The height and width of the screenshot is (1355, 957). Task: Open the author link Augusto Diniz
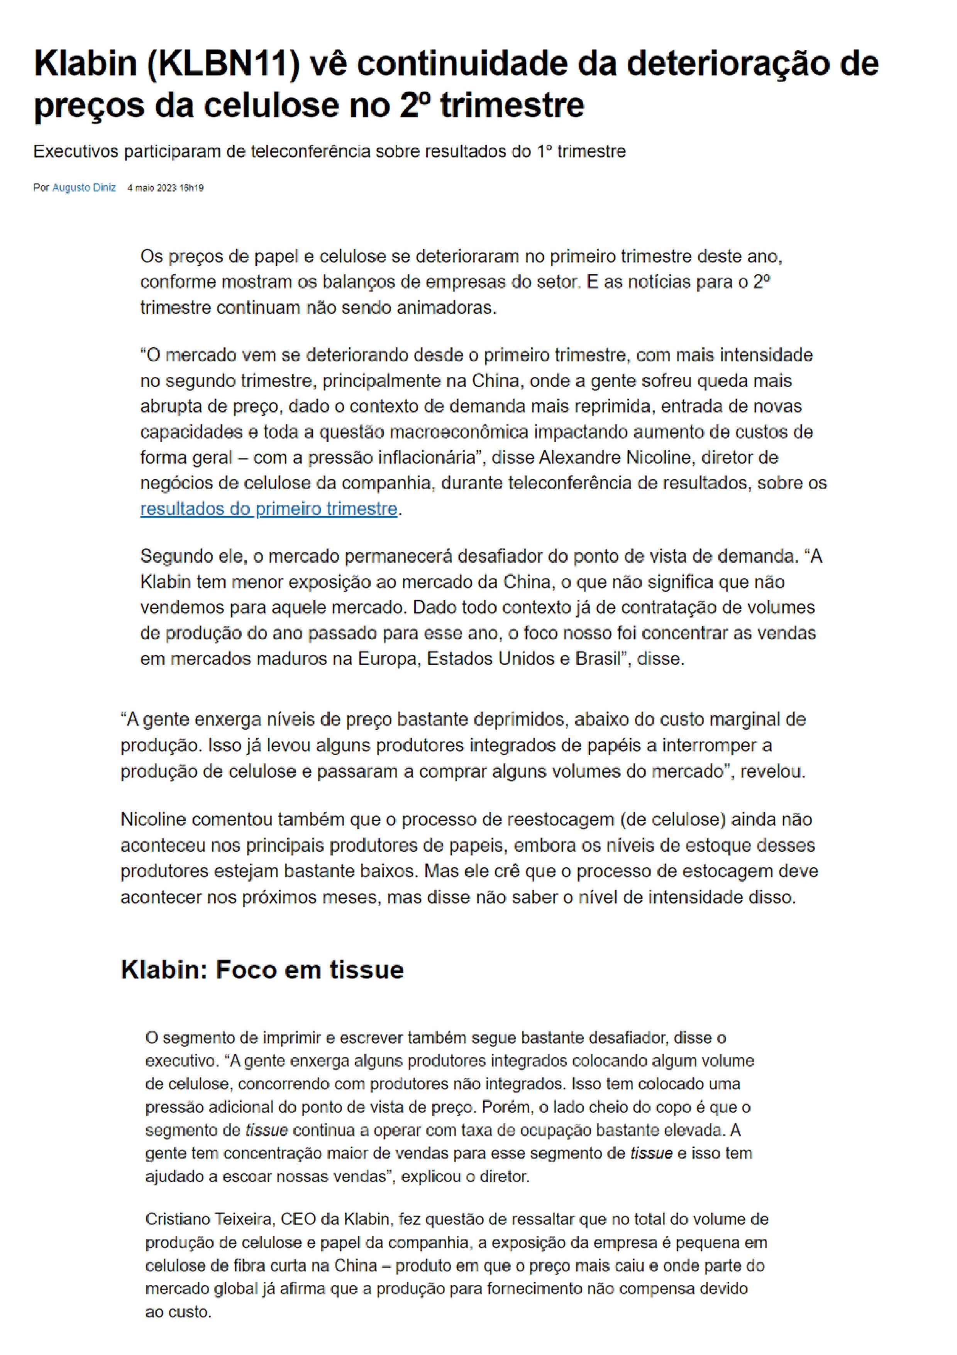84,188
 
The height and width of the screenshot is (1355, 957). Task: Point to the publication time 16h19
192,188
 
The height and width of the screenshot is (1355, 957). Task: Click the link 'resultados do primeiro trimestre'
268,508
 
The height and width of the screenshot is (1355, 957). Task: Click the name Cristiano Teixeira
210,1219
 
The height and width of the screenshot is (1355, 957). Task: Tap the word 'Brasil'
599,659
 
